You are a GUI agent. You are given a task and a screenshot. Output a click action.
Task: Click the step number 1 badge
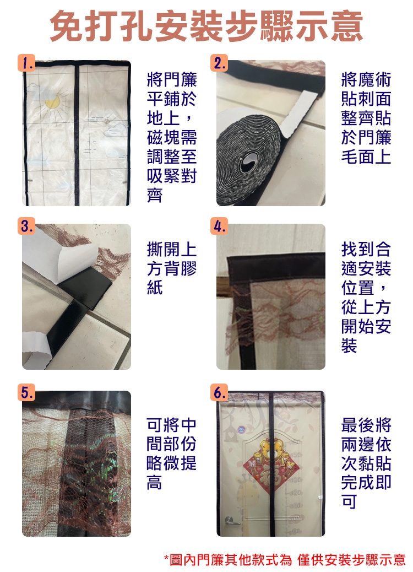click(26, 63)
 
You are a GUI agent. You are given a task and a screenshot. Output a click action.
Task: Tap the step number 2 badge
click(219, 63)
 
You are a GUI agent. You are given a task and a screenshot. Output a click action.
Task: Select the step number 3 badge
click(26, 226)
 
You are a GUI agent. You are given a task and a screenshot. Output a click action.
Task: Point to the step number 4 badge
click(219, 226)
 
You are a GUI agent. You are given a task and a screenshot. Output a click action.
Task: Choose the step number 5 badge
click(26, 392)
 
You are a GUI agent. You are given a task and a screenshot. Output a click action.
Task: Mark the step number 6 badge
click(219, 392)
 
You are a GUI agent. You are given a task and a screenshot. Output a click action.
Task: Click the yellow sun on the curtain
click(52, 101)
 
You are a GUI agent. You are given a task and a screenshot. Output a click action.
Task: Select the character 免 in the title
click(66, 26)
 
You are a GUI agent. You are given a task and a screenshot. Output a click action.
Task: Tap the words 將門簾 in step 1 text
click(172, 79)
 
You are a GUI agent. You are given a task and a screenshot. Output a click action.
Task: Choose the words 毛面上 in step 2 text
click(366, 157)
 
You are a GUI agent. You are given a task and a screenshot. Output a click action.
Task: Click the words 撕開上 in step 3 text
click(172, 250)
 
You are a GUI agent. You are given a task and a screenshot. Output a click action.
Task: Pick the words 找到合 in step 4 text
click(366, 250)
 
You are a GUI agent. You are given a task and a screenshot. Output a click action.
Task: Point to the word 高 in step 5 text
click(155, 482)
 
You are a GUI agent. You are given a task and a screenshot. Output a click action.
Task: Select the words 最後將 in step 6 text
click(366, 425)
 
